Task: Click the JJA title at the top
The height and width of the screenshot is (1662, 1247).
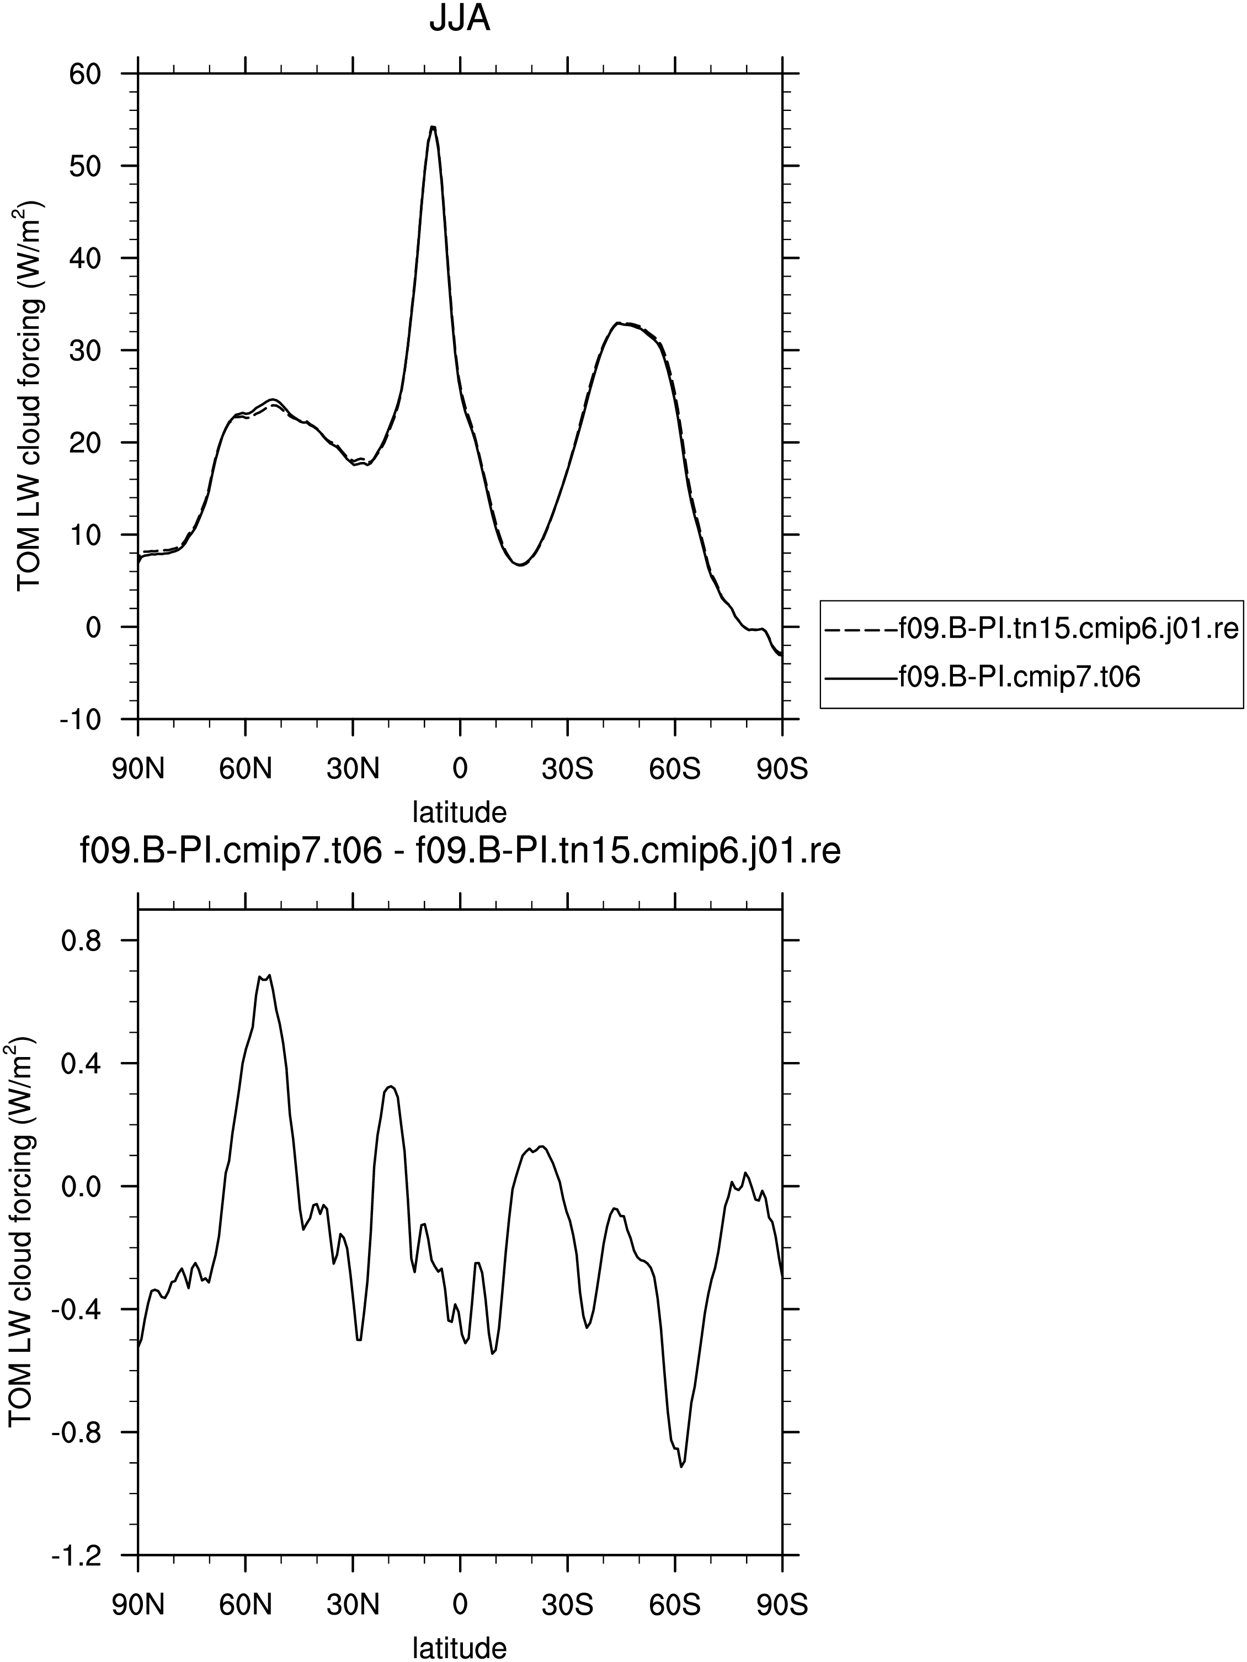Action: point(460,19)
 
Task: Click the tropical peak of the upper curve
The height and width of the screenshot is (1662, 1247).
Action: point(433,127)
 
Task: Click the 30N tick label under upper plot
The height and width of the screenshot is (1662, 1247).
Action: point(353,769)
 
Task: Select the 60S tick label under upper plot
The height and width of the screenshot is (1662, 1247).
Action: point(675,769)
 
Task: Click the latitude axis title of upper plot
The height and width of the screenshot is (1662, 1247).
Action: point(460,811)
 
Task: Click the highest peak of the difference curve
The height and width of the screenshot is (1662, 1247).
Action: point(268,975)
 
